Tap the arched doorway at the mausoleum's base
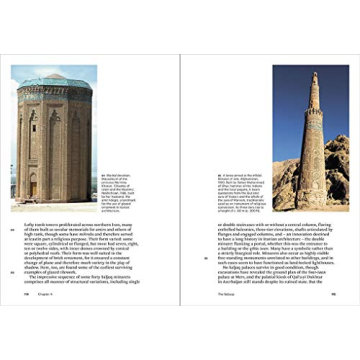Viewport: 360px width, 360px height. (x=56, y=190)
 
